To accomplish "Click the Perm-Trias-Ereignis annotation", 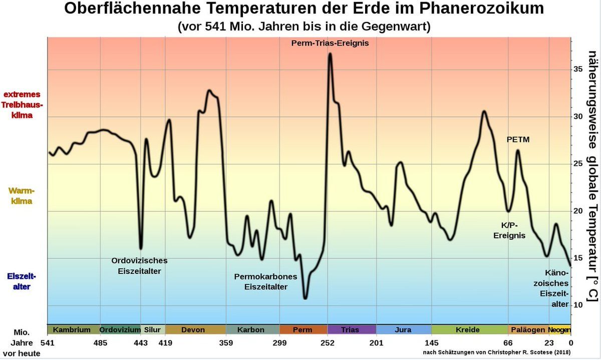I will [330, 43].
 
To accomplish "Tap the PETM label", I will [518, 140].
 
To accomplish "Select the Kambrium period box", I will [72, 330].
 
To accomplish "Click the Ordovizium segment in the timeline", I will [120, 330].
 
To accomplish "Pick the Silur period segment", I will [152, 330].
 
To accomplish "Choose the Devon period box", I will [193, 330].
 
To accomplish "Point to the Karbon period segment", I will [251, 330].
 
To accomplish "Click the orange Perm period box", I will [303, 330].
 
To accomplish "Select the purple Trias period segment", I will [350, 330].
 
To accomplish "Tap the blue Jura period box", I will [403, 330].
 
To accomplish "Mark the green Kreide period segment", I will [468, 330].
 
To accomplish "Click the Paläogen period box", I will [527, 330].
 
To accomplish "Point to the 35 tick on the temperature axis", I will [577, 69].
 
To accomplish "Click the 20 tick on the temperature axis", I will [577, 211].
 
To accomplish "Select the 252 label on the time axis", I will [328, 343].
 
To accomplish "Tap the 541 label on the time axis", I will [47, 343].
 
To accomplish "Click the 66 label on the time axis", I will [508, 343].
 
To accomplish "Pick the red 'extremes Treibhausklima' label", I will [22, 105].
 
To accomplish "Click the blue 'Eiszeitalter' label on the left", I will [22, 281].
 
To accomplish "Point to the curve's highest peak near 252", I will [330, 54].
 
